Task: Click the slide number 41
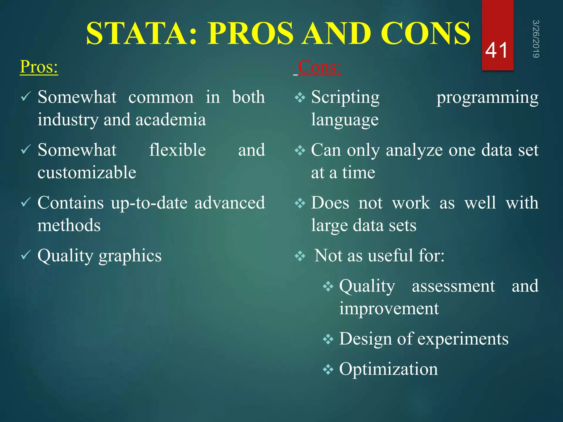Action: pyautogui.click(x=496, y=51)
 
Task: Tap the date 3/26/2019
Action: pyautogui.click(x=536, y=39)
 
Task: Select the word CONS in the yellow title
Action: pyautogui.click(x=426, y=34)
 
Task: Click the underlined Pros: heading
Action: pyautogui.click(x=39, y=67)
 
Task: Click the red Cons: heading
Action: pyautogui.click(x=319, y=67)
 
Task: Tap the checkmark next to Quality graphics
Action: pyautogui.click(x=26, y=255)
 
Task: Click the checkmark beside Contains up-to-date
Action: pyautogui.click(x=26, y=203)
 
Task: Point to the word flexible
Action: pyautogui.click(x=177, y=150)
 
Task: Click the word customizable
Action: pyautogui.click(x=87, y=173)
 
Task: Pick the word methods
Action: pyautogui.click(x=69, y=225)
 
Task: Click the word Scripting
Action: pyautogui.click(x=345, y=97)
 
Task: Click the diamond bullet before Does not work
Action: pyautogui.click(x=300, y=203)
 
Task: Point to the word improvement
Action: pyautogui.click(x=389, y=308)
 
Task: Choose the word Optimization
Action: pyautogui.click(x=388, y=369)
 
